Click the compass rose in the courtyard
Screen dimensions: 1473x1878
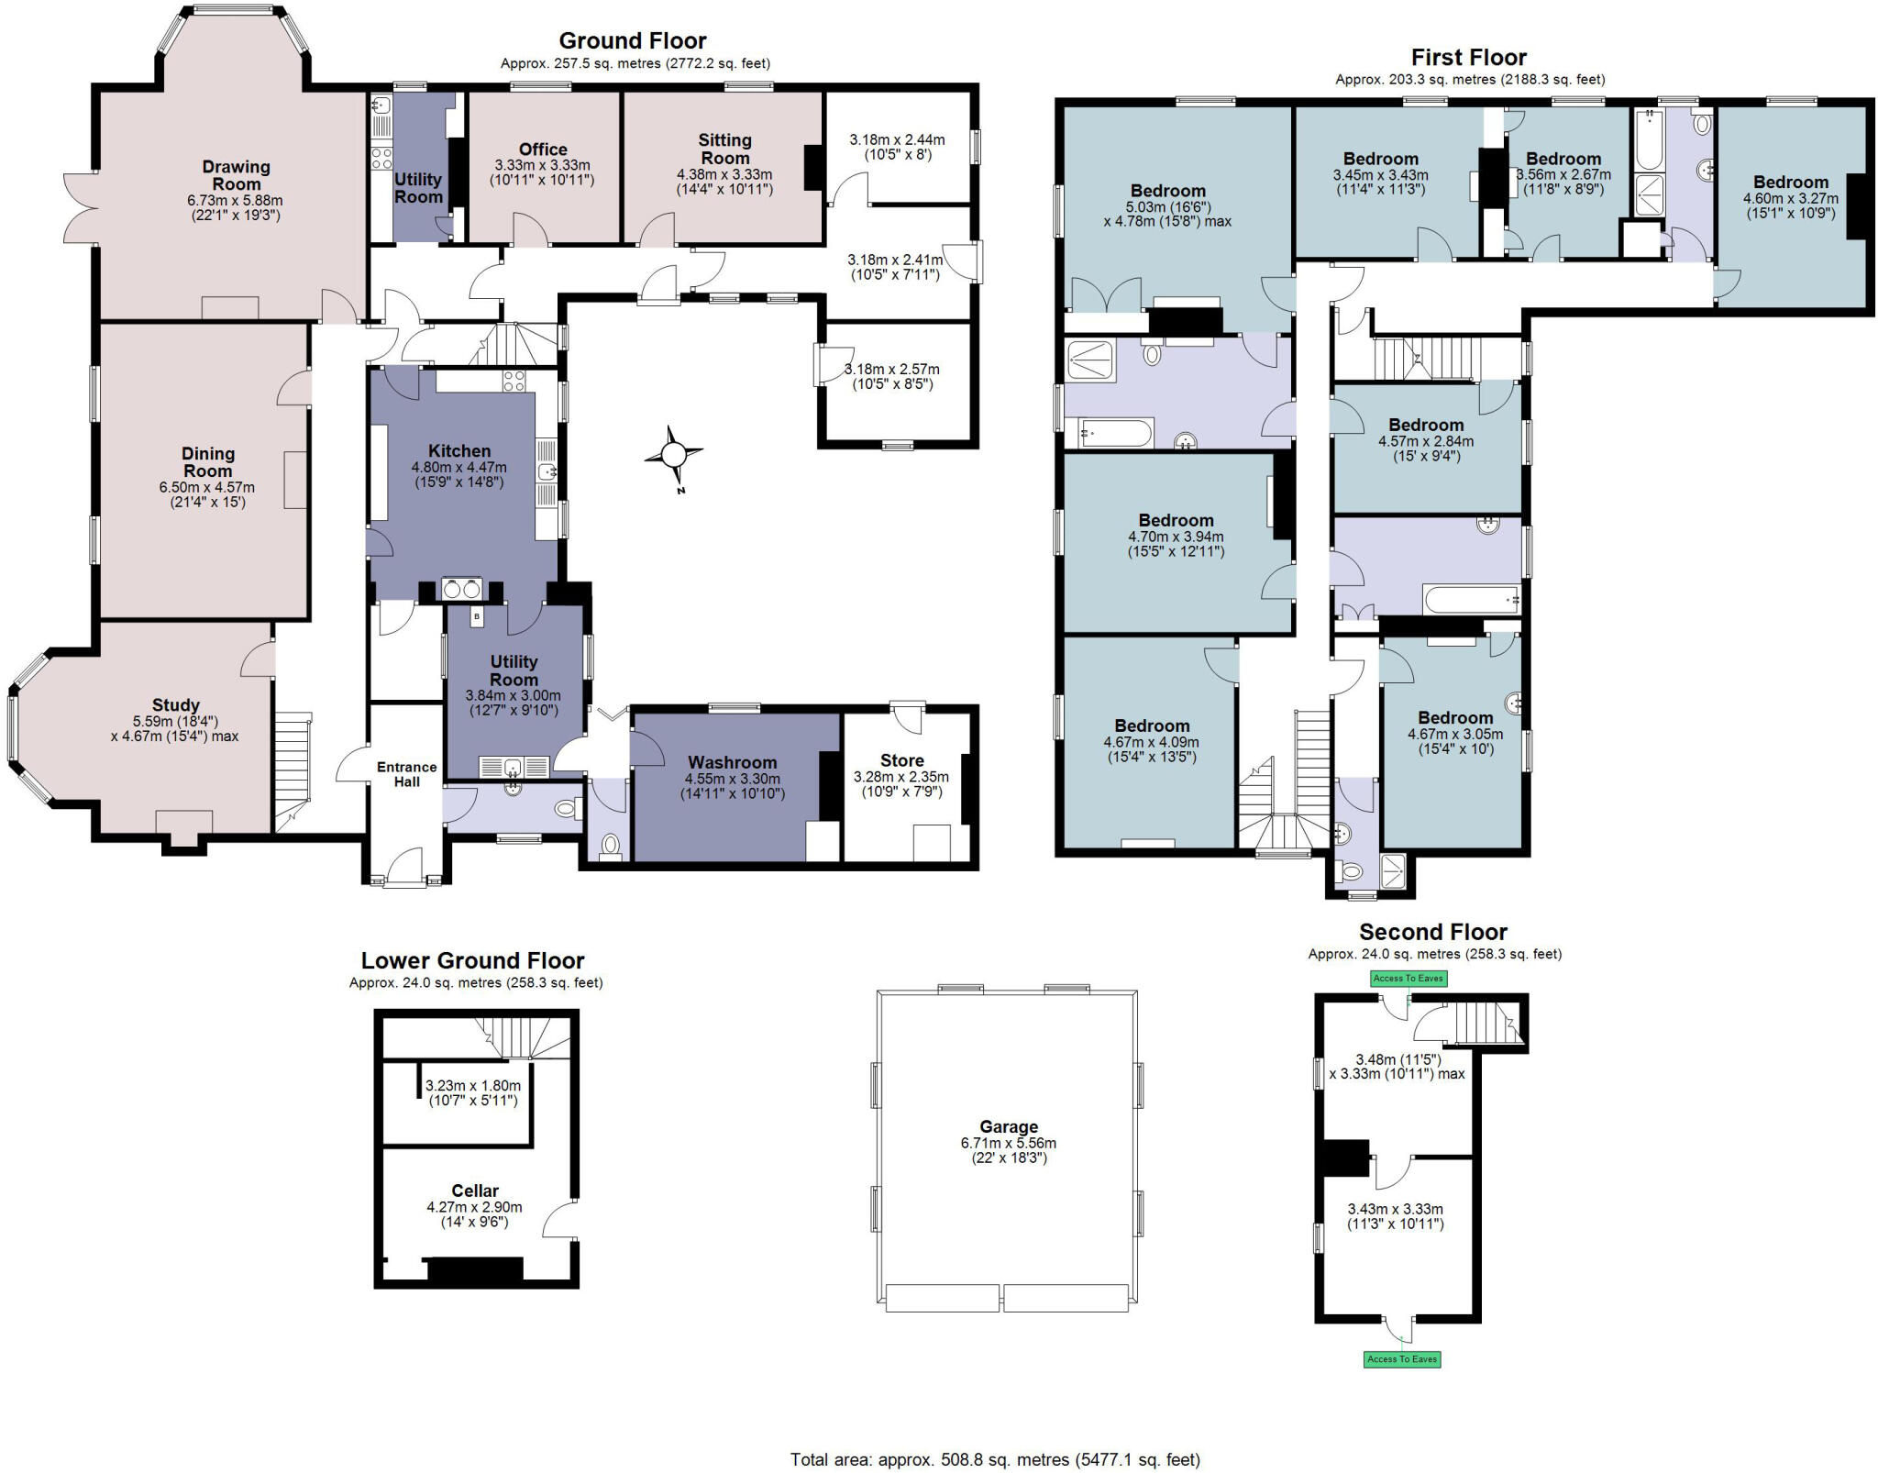[674, 455]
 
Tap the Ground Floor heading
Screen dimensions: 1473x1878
[633, 41]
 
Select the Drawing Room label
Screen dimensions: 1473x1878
[237, 175]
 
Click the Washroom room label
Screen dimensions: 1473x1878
[732, 762]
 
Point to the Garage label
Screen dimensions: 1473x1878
[1009, 1126]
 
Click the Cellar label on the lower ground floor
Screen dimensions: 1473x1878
[475, 1191]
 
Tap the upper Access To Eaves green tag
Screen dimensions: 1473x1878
[1408, 978]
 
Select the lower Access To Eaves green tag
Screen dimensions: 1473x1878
[1402, 1358]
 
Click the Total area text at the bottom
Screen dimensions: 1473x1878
[995, 1459]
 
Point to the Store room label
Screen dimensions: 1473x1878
[901, 760]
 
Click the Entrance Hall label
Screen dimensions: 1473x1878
[407, 774]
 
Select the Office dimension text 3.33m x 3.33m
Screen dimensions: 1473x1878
[542, 165]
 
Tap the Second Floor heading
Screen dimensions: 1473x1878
[1432, 932]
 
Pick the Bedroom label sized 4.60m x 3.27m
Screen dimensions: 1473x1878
[1790, 182]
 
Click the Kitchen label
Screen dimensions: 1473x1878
[459, 450]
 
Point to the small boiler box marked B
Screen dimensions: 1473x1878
[477, 617]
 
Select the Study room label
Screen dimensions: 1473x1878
[175, 704]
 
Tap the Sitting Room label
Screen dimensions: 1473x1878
[724, 149]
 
